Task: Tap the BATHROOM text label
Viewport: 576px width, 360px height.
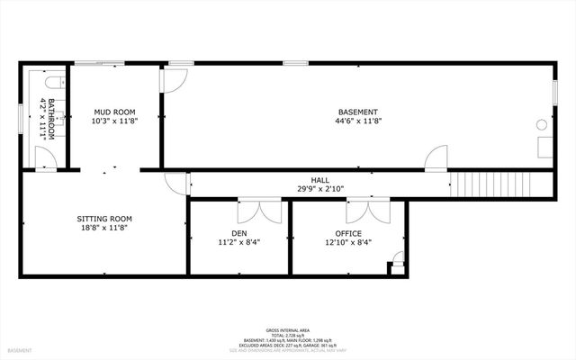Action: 51,119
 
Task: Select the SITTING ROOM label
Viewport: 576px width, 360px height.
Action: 104,218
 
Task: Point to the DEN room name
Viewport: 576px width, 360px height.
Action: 238,233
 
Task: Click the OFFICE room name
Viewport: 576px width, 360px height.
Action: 348,233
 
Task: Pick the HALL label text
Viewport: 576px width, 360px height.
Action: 319,180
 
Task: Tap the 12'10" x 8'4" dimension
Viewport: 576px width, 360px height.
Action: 348,242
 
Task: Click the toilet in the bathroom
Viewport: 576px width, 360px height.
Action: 52,83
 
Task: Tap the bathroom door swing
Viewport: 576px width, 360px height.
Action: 49,158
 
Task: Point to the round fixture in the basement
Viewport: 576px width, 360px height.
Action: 543,124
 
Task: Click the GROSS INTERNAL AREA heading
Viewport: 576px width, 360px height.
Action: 287,330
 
